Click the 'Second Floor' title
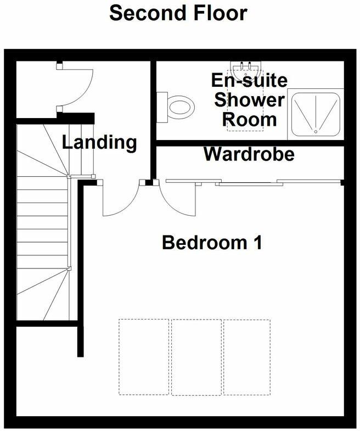pyautogui.click(x=178, y=13)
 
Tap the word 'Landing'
pyautogui.click(x=99, y=143)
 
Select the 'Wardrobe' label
pyautogui.click(x=249, y=154)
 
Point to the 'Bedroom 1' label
pyautogui.click(x=211, y=242)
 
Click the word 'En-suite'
pyautogui.click(x=250, y=81)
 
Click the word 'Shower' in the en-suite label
pyautogui.click(x=250, y=100)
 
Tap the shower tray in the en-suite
pyautogui.click(x=315, y=114)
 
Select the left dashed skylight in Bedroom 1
pyautogui.click(x=144, y=357)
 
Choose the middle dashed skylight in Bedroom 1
pyautogui.click(x=196, y=357)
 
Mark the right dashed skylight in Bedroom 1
pyautogui.click(x=247, y=357)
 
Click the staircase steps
pyautogui.click(x=43, y=220)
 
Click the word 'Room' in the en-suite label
pyautogui.click(x=250, y=119)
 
